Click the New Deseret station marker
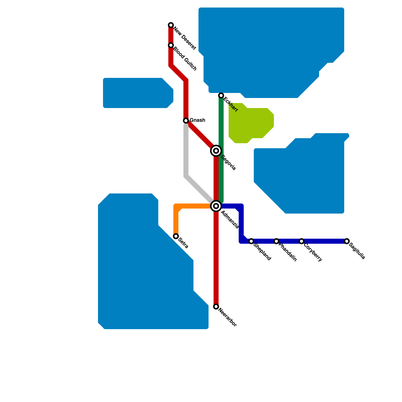pyautogui.click(x=171, y=25)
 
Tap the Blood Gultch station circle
pyautogui.click(x=171, y=45)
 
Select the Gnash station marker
pyautogui.click(x=186, y=121)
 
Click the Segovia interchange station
pyautogui.click(x=216, y=151)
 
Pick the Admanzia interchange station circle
pyautogui.click(x=216, y=206)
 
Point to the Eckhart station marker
pyautogui.click(x=221, y=95)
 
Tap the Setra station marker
pyautogui.click(x=176, y=236)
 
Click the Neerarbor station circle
pyautogui.click(x=216, y=307)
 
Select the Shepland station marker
pyautogui.click(x=251, y=241)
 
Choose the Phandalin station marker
pyautogui.click(x=276, y=241)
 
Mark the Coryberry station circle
pyautogui.click(x=301, y=241)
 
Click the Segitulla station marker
pyautogui.click(x=347, y=241)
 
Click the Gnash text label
pyautogui.click(x=197, y=120)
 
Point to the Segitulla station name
pyautogui.click(x=357, y=251)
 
